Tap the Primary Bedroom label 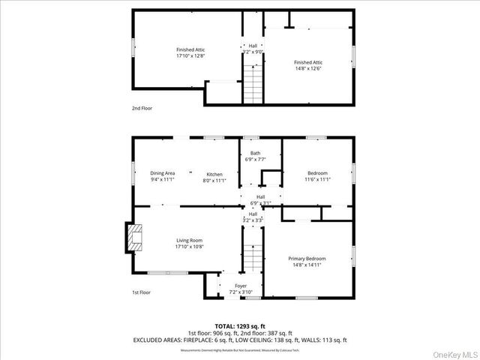click(307, 259)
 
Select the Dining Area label click(162, 173)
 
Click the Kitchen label click(214, 173)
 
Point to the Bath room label click(256, 154)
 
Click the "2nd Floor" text click(142, 108)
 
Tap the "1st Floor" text click(142, 292)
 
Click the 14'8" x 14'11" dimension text click(307, 265)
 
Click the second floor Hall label click(253, 46)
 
